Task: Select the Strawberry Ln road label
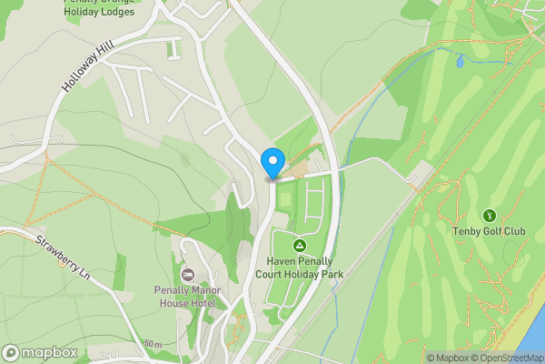coord(64,258)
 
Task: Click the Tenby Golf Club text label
coord(490,231)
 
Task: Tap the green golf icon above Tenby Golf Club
coord(490,216)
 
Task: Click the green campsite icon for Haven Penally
coord(299,245)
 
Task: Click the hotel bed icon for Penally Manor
coord(189,275)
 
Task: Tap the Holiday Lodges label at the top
coord(99,11)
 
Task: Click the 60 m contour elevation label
coord(153,344)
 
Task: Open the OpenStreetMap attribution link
coord(507,358)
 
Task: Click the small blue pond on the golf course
coord(460,62)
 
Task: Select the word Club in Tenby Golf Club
coord(513,231)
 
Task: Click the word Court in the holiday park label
coord(282,274)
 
